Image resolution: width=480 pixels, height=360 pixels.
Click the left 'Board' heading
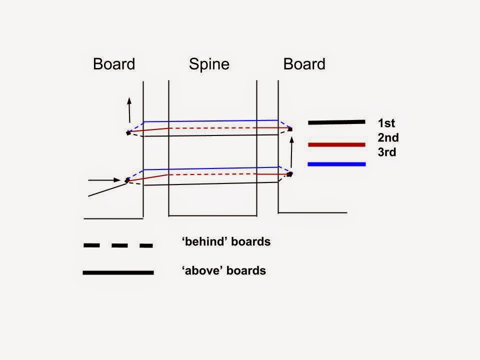[114, 64]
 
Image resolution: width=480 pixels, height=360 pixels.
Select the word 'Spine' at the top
[209, 64]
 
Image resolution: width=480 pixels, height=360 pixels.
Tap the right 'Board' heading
[304, 64]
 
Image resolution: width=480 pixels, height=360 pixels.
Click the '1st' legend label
[387, 122]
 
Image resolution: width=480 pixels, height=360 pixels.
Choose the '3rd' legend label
[387, 152]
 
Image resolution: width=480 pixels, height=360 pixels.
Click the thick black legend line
[336, 122]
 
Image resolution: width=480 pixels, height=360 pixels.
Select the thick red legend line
[336, 145]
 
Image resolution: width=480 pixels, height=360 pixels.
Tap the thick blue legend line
[336, 164]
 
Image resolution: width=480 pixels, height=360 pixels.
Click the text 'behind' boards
[226, 242]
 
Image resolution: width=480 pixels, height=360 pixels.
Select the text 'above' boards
[224, 271]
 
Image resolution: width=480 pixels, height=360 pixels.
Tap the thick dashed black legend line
[118, 245]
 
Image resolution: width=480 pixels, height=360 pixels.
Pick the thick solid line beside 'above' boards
[118, 272]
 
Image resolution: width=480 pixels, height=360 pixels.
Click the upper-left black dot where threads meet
[128, 133]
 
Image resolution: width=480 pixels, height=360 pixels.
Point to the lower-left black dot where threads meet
[127, 181]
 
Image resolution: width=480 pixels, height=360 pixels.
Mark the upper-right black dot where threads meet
[289, 129]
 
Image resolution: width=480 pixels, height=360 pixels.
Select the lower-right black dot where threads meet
[290, 174]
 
